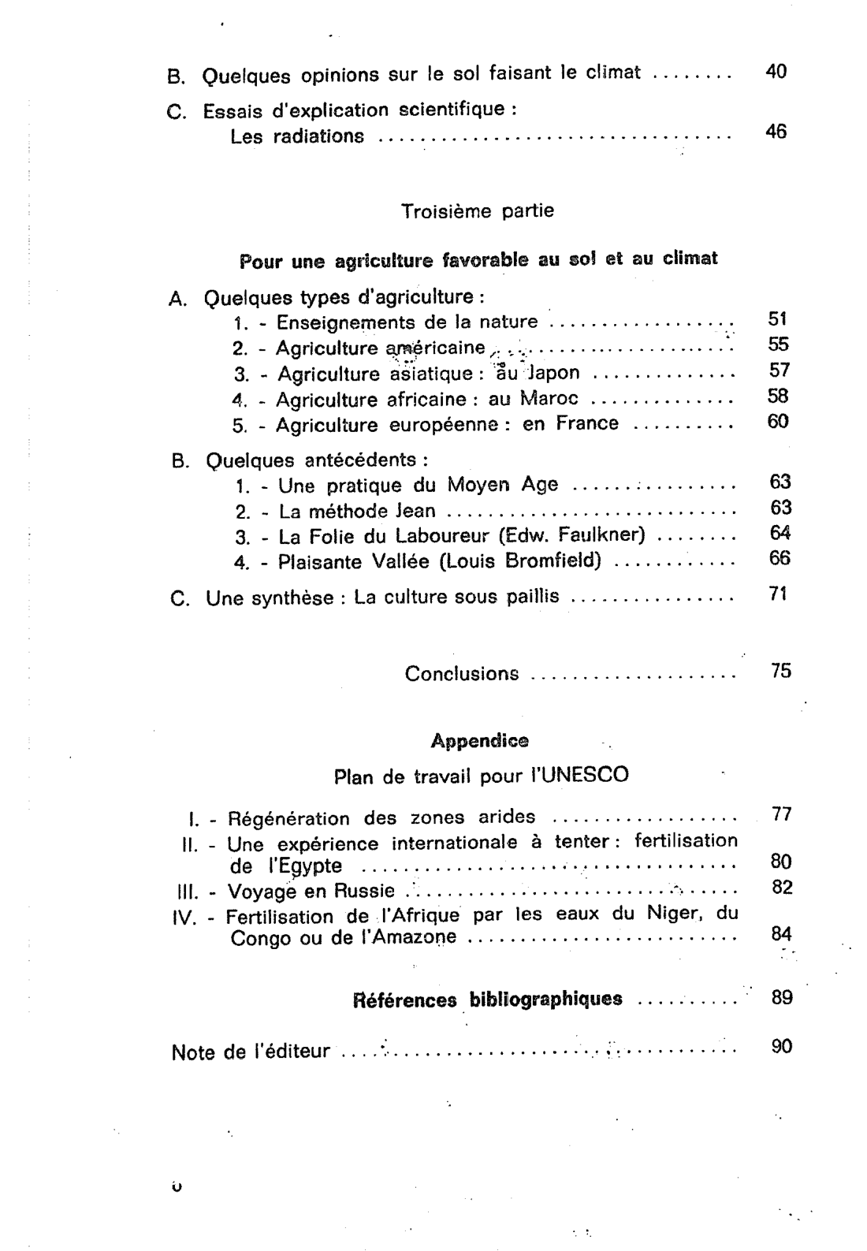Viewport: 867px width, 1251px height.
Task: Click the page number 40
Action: [x=776, y=73]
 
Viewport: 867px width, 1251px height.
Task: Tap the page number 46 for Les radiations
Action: [x=776, y=132]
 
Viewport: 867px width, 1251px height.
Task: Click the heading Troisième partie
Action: [x=477, y=211]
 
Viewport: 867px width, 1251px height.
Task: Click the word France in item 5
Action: [x=587, y=423]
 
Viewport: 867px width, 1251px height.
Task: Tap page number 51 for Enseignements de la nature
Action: [x=778, y=319]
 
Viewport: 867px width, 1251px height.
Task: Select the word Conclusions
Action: [x=462, y=674]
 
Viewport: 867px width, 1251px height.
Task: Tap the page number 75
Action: [x=780, y=672]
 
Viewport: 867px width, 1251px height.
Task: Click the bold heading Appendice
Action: [x=479, y=741]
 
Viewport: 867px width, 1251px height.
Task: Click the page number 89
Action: [x=782, y=997]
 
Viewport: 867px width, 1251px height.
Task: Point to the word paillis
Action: [x=529, y=597]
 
